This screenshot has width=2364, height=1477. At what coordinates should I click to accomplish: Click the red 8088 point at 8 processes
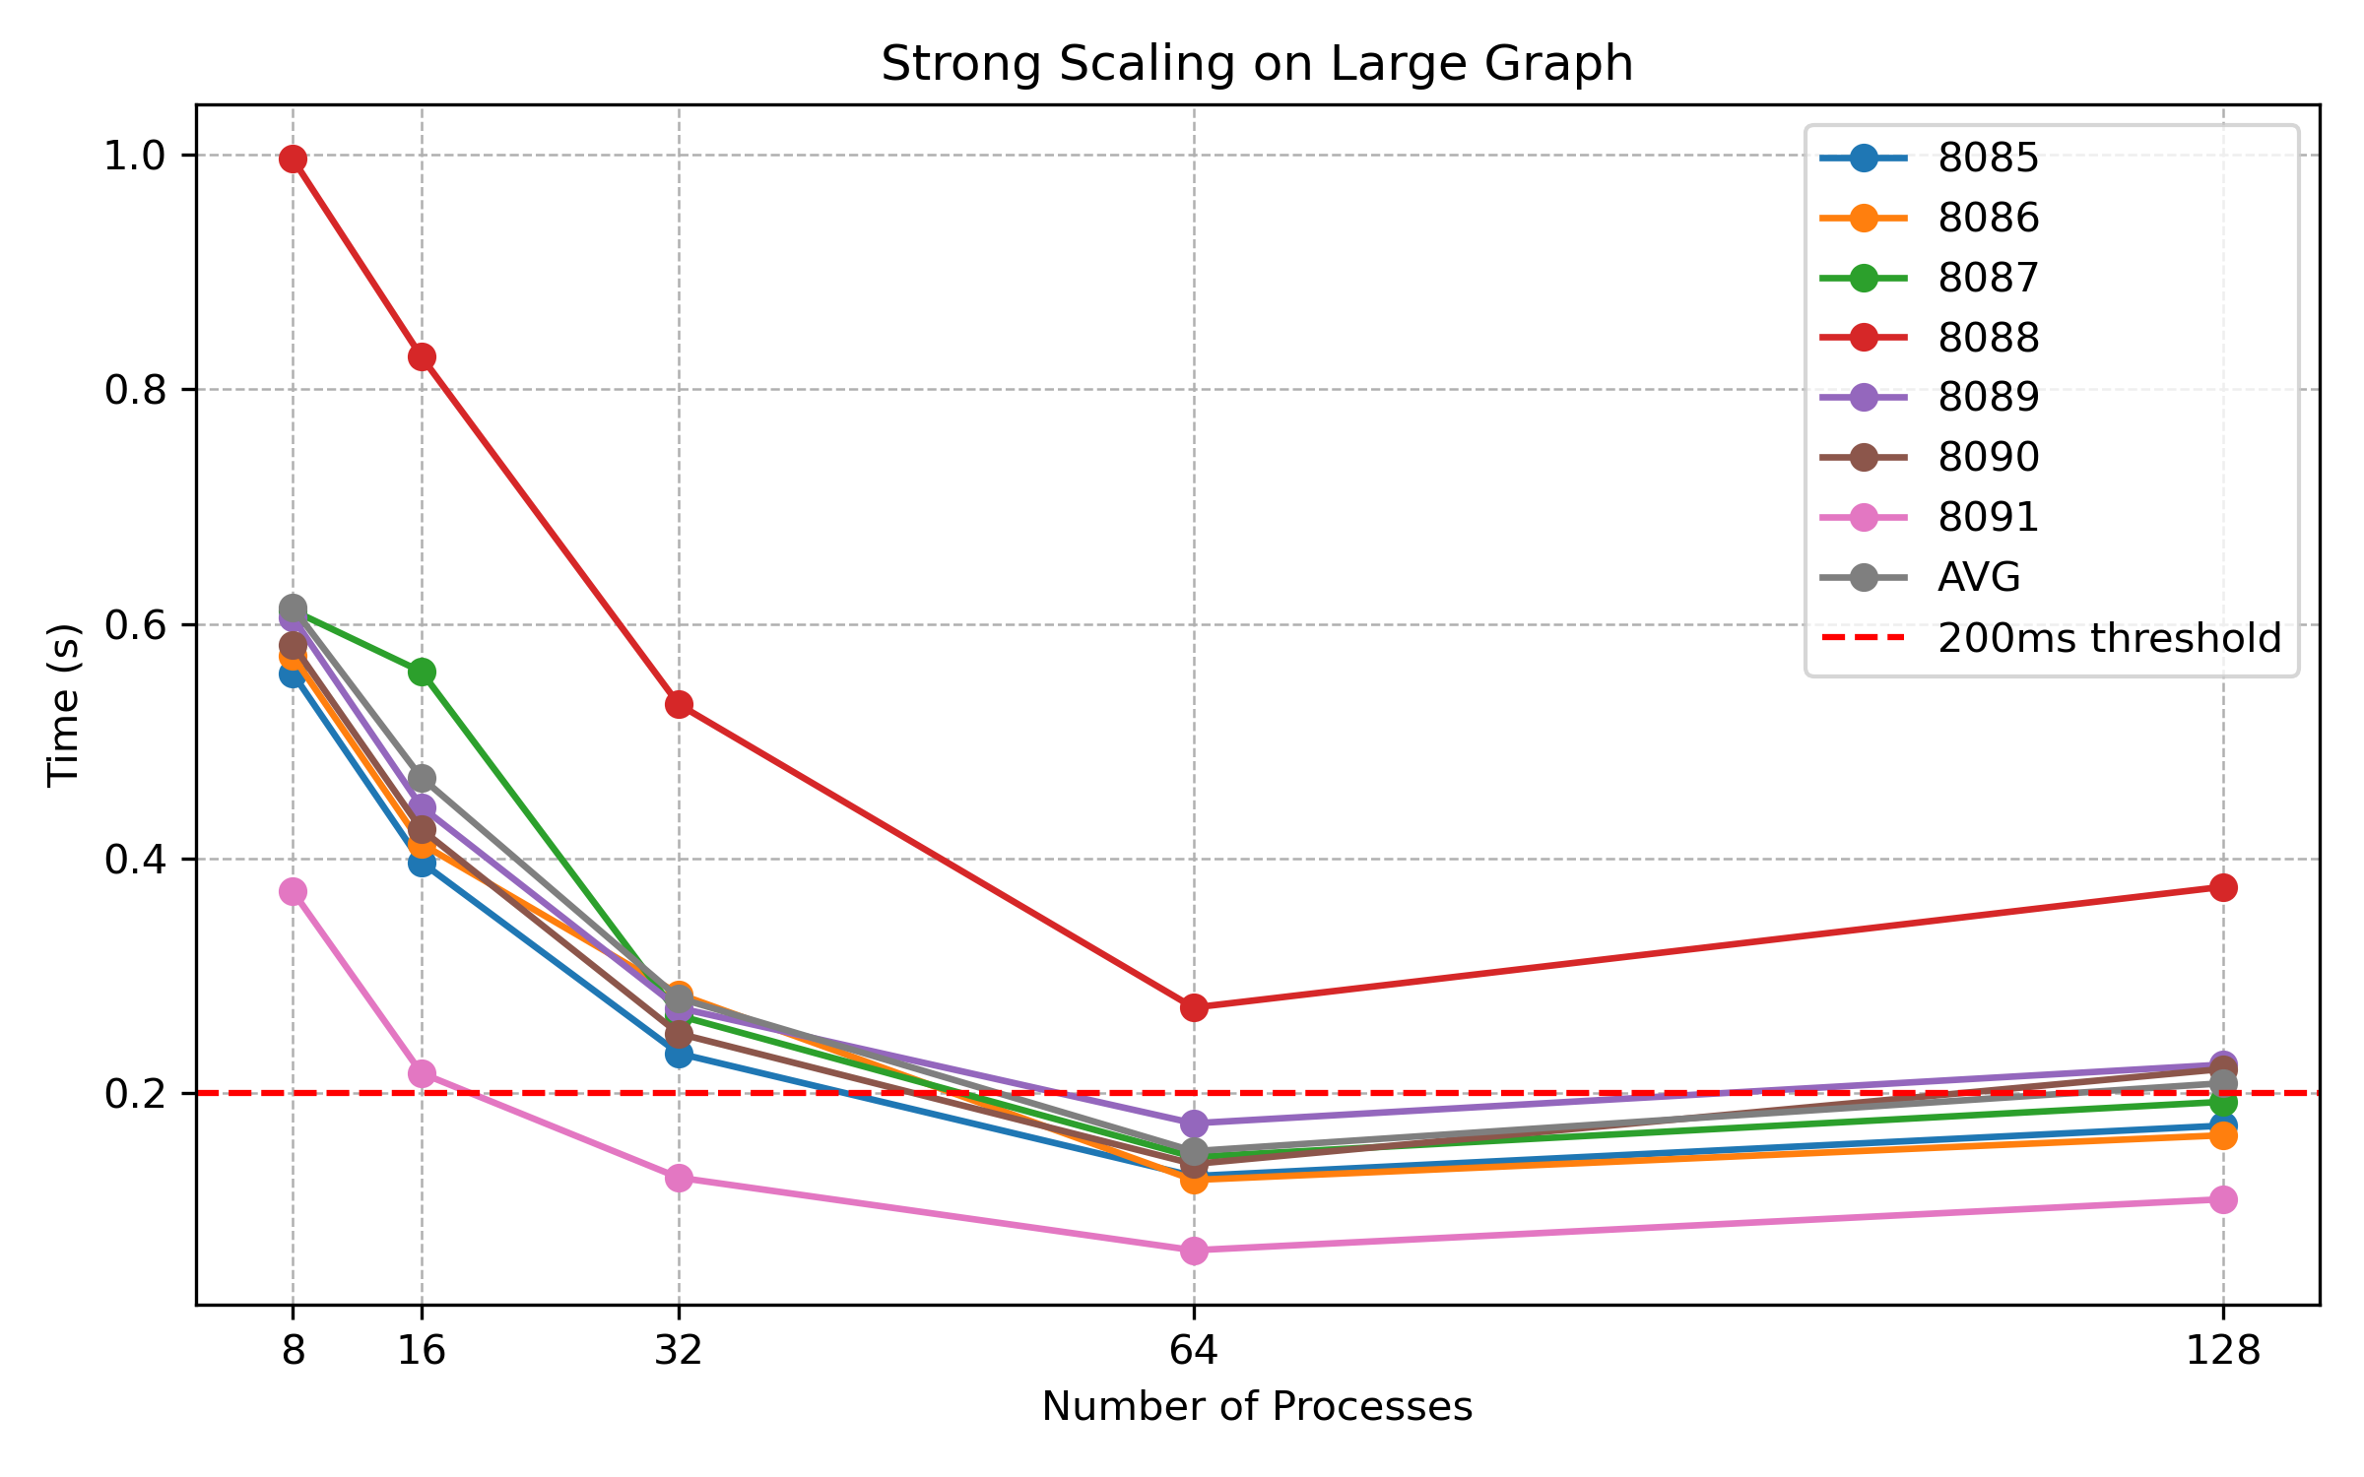[293, 159]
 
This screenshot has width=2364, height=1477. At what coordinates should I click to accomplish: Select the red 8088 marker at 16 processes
[422, 356]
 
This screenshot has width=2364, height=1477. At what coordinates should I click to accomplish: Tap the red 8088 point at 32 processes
[679, 704]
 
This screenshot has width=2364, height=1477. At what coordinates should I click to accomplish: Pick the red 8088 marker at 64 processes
[1194, 1007]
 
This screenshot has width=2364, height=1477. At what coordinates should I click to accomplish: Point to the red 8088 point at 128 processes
[2223, 887]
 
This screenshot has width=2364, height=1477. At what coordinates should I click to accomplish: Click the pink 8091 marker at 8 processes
[293, 891]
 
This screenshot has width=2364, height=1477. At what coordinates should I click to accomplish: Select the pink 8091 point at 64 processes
[1194, 1251]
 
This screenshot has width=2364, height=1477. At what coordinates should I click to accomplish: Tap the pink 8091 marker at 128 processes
[2223, 1199]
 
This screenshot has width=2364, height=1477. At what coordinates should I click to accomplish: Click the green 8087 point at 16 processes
[422, 672]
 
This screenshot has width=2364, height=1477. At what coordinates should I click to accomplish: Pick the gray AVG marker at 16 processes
[422, 779]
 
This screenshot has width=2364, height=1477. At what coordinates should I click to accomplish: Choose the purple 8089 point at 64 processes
[1194, 1124]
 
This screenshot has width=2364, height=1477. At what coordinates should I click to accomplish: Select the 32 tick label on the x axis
[679, 1350]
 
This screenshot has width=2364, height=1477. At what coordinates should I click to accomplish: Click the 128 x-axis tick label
[2223, 1350]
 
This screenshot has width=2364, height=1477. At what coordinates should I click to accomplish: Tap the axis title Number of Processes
[1257, 1406]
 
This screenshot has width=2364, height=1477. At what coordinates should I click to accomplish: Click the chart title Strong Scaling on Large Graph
[1257, 64]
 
